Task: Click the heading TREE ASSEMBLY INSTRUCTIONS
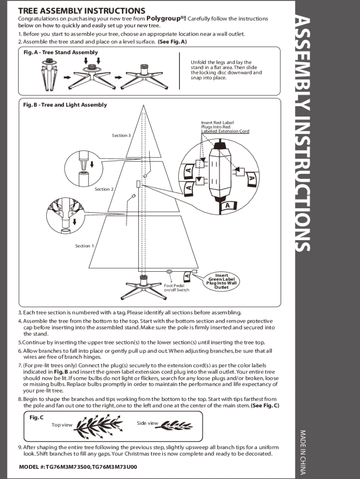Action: click(x=81, y=11)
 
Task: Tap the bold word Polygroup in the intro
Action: click(x=166, y=18)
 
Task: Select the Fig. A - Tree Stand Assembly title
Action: click(x=60, y=52)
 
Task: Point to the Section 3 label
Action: click(x=121, y=135)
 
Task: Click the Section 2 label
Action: click(x=104, y=189)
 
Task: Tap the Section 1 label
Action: click(x=85, y=246)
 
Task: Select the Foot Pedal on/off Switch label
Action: click(x=177, y=288)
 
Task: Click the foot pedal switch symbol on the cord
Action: click(x=169, y=271)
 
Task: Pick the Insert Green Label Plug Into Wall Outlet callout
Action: click(x=222, y=281)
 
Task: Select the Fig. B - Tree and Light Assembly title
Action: click(x=65, y=105)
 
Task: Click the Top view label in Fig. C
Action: click(x=62, y=425)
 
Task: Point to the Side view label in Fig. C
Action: click(x=148, y=423)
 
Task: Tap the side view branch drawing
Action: click(x=178, y=425)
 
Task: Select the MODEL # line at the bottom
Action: click(x=78, y=467)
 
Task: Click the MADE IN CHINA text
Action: click(x=302, y=451)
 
